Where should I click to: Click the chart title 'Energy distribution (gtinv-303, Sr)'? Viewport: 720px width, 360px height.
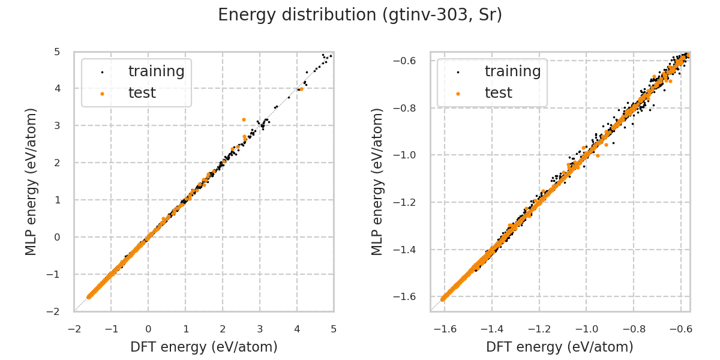pos(360,15)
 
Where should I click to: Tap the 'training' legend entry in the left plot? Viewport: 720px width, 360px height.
pos(156,71)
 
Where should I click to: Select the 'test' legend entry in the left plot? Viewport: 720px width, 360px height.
pos(142,93)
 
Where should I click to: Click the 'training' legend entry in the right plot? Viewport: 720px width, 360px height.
pos(512,71)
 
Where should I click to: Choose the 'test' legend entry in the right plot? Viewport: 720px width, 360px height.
pos(498,93)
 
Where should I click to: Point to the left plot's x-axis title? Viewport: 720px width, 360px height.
pos(204,347)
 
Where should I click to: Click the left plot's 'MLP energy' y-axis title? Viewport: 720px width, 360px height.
pos(32,181)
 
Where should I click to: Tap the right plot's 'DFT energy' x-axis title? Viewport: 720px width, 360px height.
pos(560,347)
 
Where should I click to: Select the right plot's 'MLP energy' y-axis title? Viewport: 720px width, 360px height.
pos(377,181)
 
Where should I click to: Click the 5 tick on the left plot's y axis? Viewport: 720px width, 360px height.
pos(56,52)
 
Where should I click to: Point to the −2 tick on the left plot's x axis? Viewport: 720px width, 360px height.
pos(74,329)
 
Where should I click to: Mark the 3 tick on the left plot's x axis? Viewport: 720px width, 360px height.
pos(260,329)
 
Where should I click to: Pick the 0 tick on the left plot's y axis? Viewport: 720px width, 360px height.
pos(56,237)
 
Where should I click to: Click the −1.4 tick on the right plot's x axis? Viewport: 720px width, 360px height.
pos(491,329)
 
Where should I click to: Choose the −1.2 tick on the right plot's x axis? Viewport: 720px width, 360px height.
pos(539,329)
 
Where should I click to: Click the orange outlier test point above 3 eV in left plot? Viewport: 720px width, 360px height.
pos(244,119)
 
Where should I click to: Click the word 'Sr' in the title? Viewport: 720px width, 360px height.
pos(489,15)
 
